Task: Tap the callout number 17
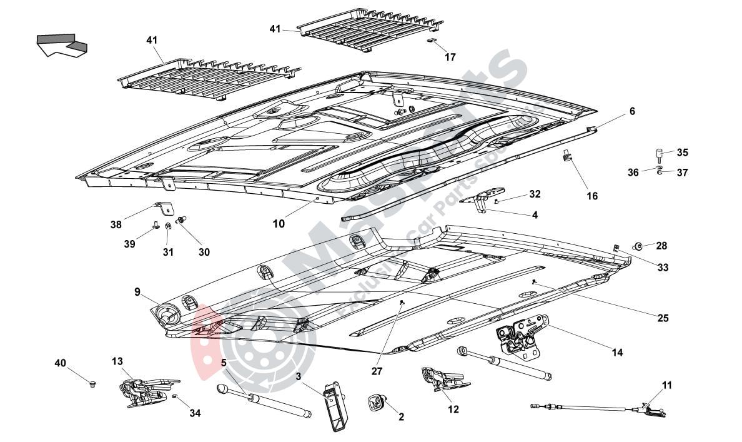coord(450,57)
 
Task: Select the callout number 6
coord(632,111)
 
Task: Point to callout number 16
coord(592,196)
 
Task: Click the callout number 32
coord(535,194)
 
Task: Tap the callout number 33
coord(663,268)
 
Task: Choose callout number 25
coord(663,318)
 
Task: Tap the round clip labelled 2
coord(377,402)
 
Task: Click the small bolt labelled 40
coord(92,382)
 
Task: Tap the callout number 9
coord(137,291)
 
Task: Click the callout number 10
coord(279,223)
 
